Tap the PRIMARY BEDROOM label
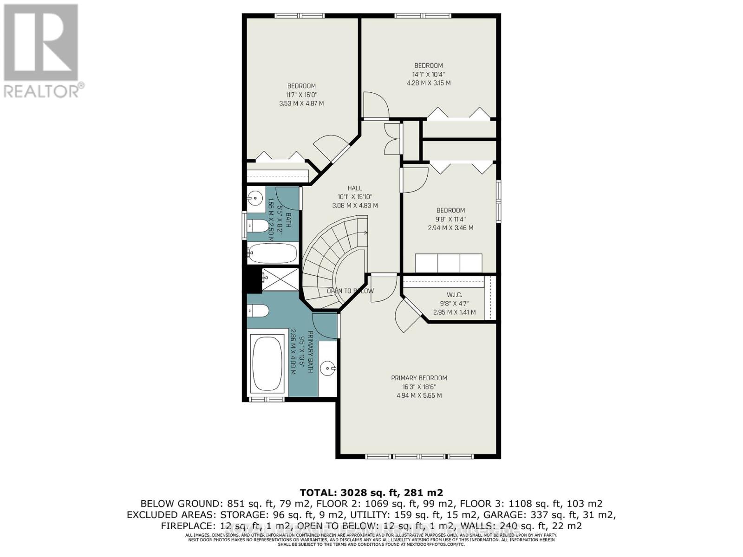point(419,378)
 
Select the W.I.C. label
point(454,295)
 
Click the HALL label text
point(355,188)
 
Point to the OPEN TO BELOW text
point(350,291)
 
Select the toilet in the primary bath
point(258,311)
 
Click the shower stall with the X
point(280,279)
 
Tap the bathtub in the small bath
point(272,253)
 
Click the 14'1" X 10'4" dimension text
point(428,74)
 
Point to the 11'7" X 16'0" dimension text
point(301,95)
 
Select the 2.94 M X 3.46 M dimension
point(450,228)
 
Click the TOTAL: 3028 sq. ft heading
point(371,492)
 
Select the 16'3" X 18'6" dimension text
point(419,387)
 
